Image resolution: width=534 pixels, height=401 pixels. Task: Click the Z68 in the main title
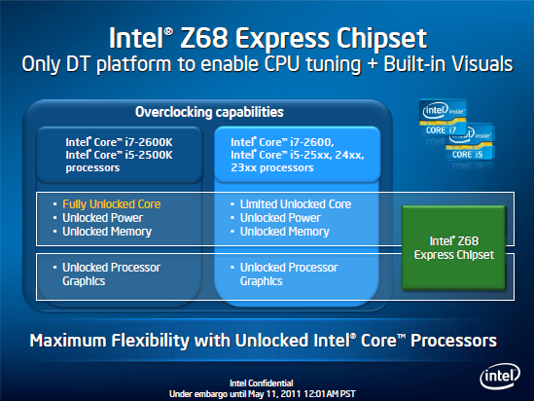tap(203, 38)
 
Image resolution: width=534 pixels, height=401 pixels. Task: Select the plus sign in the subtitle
tap(372, 65)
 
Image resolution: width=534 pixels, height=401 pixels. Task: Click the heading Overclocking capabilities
tap(209, 112)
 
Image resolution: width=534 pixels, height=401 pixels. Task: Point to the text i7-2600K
tap(149, 142)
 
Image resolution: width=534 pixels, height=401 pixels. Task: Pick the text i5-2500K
tap(149, 155)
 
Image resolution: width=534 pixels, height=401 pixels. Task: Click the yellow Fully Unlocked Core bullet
tap(111, 204)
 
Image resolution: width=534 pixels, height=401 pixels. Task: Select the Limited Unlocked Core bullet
tap(296, 204)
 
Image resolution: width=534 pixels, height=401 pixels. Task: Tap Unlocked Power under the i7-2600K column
tap(102, 218)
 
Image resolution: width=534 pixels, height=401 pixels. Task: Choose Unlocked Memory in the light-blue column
tap(285, 232)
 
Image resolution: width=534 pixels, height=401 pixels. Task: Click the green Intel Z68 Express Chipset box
tap(453, 247)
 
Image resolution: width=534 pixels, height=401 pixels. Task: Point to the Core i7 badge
tap(443, 118)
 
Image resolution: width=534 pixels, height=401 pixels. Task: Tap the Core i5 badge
tap(470, 143)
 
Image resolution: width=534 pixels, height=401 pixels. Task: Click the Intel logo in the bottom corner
tap(500, 376)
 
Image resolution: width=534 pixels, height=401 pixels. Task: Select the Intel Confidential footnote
tap(262, 383)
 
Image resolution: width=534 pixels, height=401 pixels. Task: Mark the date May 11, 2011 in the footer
tap(274, 394)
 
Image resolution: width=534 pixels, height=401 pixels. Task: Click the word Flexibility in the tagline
tap(150, 341)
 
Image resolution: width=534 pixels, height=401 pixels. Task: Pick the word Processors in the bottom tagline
tap(453, 341)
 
